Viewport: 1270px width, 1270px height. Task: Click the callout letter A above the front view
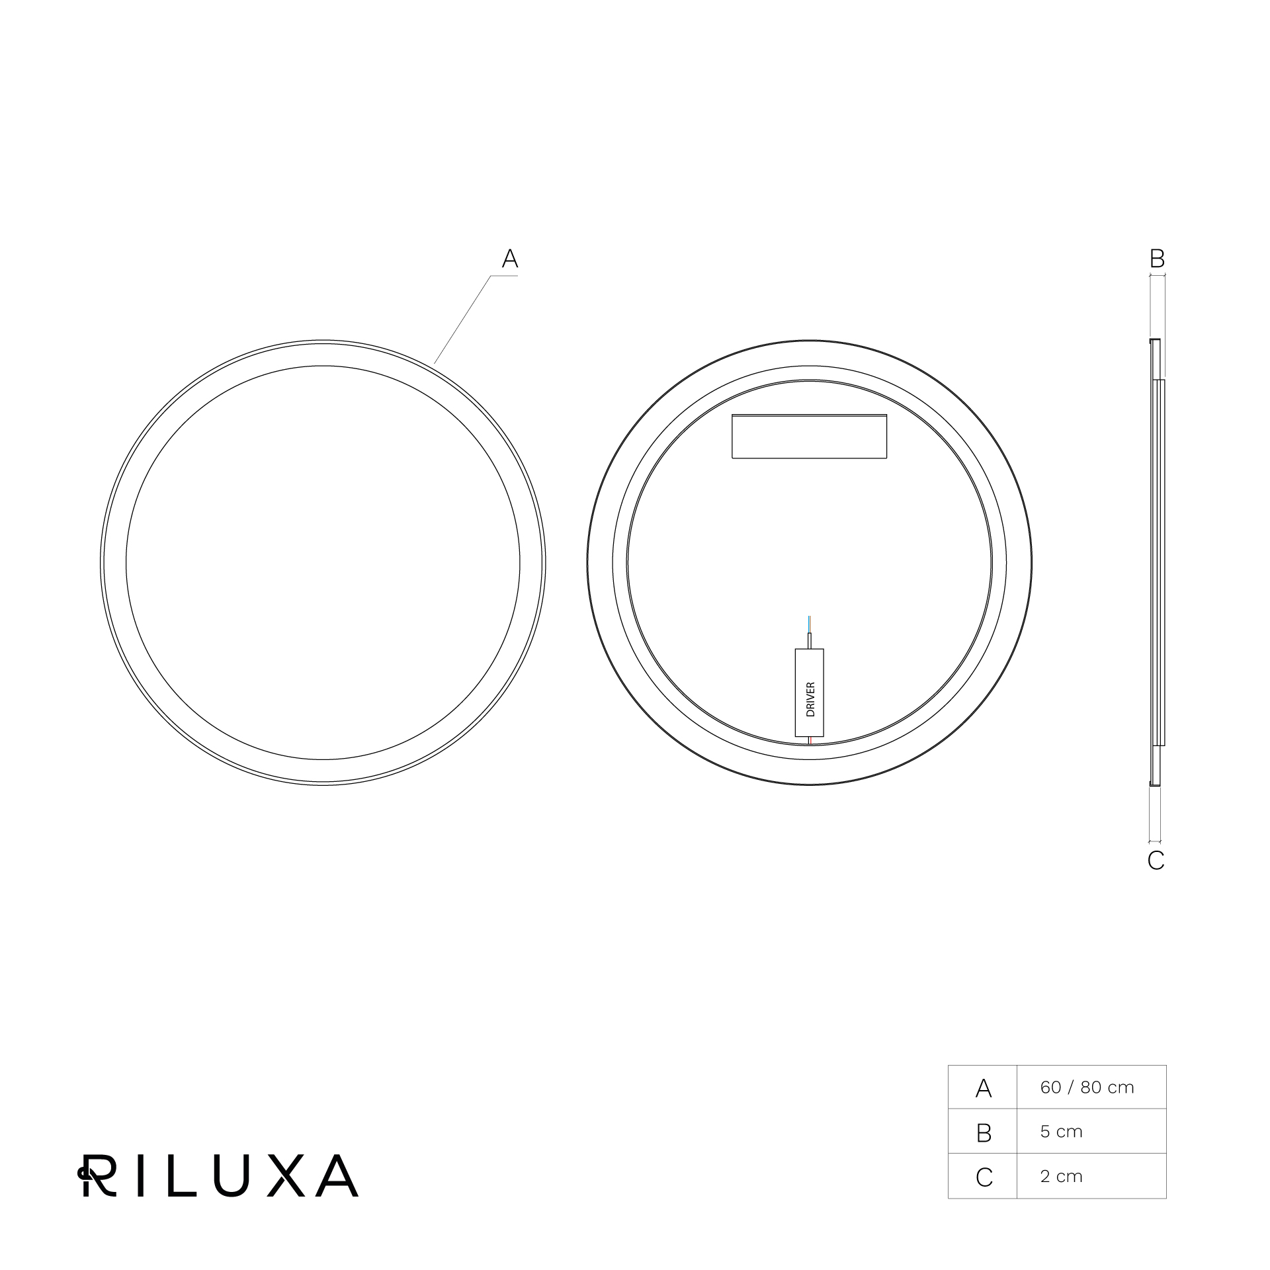509,259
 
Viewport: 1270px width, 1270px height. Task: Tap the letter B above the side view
1157,259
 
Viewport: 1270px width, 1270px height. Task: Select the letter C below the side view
1156,861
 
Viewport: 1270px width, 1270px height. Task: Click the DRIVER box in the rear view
809,693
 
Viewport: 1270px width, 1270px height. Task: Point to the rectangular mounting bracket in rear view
809,436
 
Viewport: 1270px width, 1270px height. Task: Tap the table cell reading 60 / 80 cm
1087,1087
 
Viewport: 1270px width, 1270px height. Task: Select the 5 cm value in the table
1061,1132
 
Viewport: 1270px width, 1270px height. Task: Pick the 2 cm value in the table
1061,1176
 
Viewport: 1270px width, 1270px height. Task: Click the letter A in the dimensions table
984,1088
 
